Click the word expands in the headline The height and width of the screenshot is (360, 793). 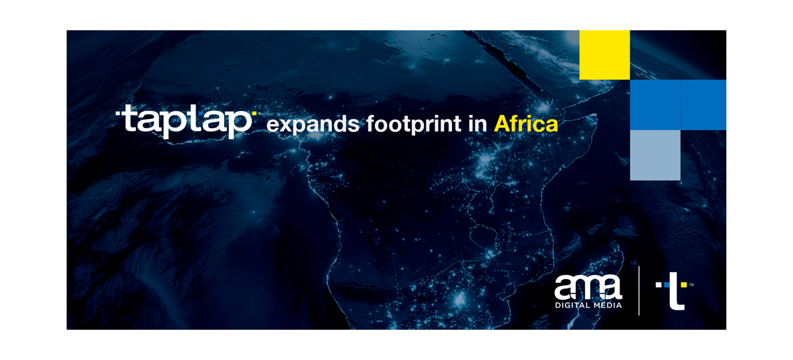(313, 124)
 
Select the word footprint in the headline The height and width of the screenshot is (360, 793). (414, 124)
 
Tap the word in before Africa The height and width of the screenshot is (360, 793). (477, 123)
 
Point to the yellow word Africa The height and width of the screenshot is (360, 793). (526, 124)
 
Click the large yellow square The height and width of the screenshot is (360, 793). (605, 55)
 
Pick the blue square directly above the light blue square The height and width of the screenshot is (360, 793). (655, 105)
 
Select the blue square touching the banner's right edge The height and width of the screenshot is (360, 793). (703, 105)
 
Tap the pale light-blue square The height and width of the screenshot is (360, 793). (655, 155)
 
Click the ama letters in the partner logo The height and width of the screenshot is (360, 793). (588, 287)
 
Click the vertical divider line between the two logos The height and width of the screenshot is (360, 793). (639, 291)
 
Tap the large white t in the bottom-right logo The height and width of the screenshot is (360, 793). (676, 292)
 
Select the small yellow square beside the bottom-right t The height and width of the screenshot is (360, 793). (683, 285)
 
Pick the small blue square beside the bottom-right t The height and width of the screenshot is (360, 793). (667, 285)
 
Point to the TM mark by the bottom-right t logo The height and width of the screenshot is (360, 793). (692, 285)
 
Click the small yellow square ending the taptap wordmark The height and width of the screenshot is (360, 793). (254, 113)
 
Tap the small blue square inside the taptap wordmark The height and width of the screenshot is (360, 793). (200, 113)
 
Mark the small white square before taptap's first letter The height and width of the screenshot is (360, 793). (118, 113)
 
